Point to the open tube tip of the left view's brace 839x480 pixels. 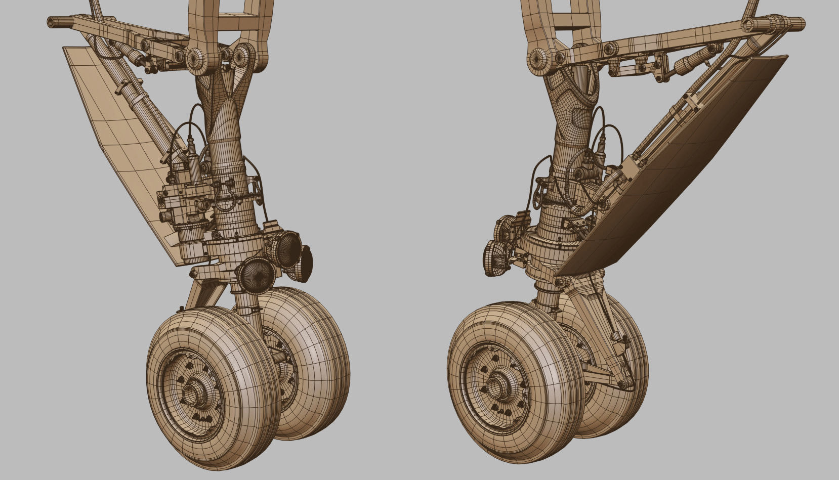tap(51, 22)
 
